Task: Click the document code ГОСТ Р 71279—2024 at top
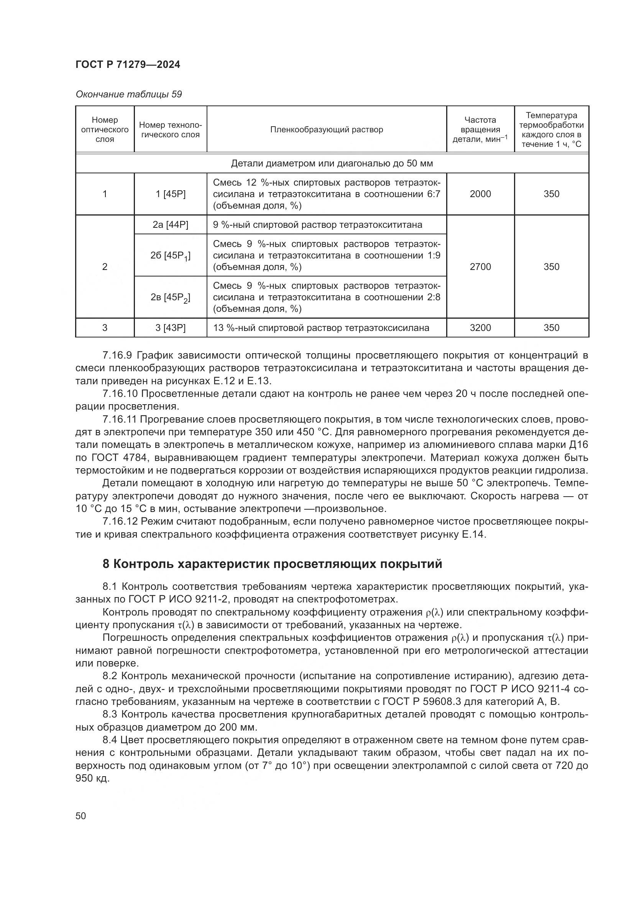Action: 128,65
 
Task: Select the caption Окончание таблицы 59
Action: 128,95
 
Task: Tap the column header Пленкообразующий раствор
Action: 326,130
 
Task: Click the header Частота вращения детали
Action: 480,130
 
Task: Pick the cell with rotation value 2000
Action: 480,194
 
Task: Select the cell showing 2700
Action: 480,267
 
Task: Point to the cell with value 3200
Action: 480,328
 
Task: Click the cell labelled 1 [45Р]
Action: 171,194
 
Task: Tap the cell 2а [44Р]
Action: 171,225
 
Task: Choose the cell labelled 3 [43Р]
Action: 171,328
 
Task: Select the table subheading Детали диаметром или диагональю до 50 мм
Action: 332,163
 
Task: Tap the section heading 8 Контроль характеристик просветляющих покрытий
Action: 272,565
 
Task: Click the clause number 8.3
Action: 110,714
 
